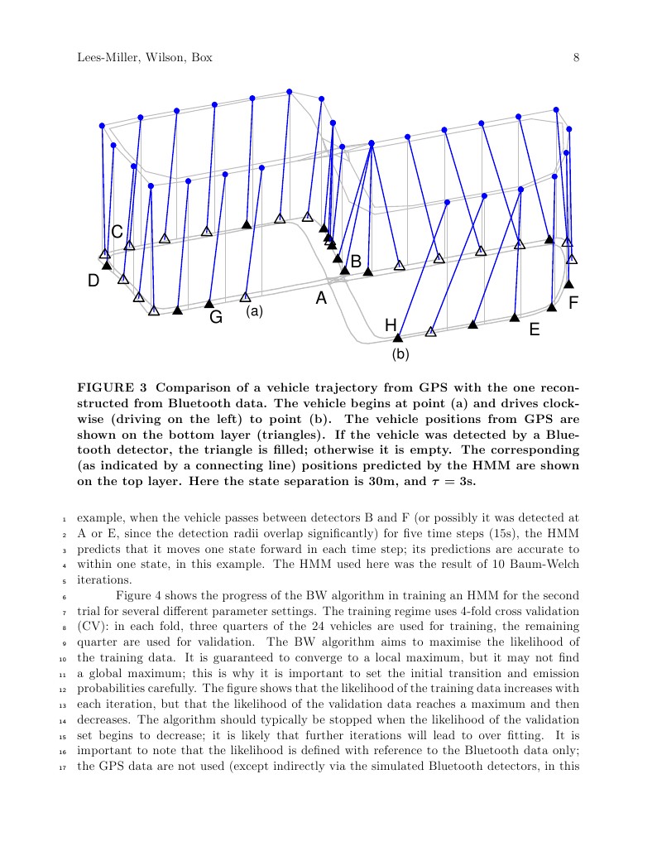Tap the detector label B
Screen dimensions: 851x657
(x=356, y=262)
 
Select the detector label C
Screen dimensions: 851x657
(x=117, y=231)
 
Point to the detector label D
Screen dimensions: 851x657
(x=94, y=281)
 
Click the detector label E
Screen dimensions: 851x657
(x=534, y=330)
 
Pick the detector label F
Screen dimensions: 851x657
(x=573, y=304)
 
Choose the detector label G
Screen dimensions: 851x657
(x=216, y=317)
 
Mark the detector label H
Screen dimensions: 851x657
(x=391, y=325)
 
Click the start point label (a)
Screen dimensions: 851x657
(x=254, y=312)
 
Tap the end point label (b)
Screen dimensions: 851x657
(x=400, y=355)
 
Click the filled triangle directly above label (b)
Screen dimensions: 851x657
(x=397, y=337)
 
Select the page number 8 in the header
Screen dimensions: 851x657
(x=575, y=57)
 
